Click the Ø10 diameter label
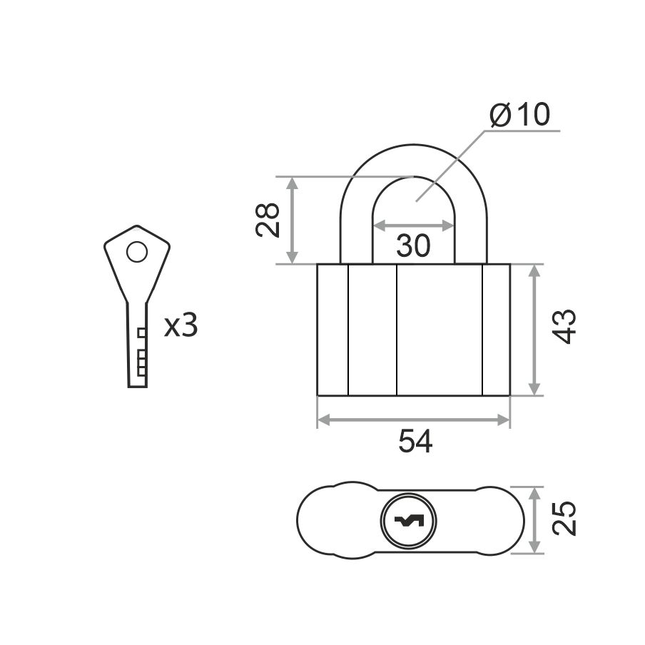click(519, 114)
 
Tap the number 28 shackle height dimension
click(268, 220)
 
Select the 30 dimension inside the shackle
click(413, 245)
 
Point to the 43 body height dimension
click(564, 326)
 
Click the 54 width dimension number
click(415, 442)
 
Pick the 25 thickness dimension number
click(564, 517)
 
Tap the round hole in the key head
click(137, 252)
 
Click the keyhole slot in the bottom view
click(408, 522)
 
